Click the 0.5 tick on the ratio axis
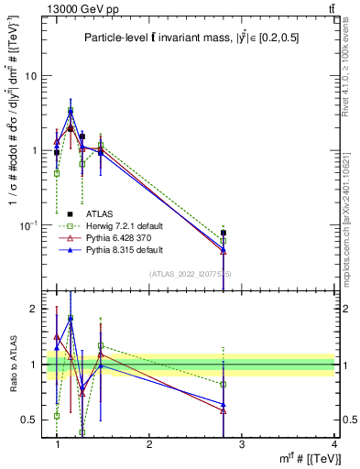click(x=28, y=420)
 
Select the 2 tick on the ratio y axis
click(x=33, y=310)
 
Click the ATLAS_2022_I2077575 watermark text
click(x=191, y=274)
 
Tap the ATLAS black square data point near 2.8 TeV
click(x=224, y=233)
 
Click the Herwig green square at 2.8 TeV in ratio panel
click(x=224, y=384)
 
